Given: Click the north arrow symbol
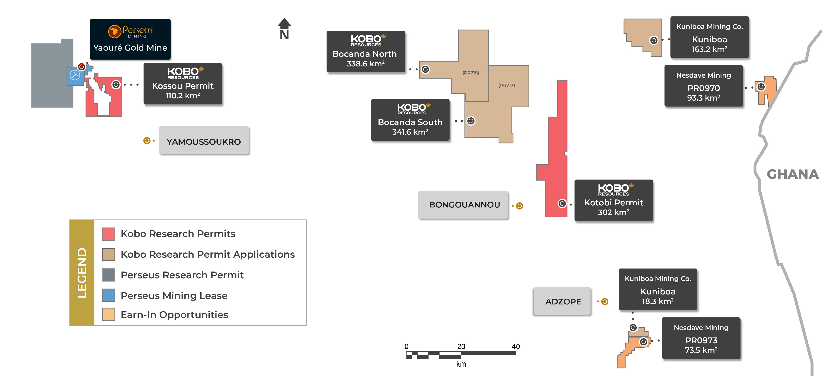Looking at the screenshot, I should [x=284, y=29].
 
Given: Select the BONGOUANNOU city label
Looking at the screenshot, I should [x=464, y=205].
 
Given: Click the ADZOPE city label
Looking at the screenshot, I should [x=563, y=301].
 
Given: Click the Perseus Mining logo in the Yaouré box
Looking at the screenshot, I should [x=130, y=31].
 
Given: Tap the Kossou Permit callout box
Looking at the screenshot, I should [x=183, y=84].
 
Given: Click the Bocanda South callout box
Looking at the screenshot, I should [x=410, y=120].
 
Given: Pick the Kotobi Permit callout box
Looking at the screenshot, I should [x=613, y=200].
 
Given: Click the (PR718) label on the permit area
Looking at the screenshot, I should [x=471, y=73].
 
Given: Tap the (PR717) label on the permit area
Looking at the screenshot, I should [x=506, y=85].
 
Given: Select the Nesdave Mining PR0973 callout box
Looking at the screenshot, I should [x=701, y=338].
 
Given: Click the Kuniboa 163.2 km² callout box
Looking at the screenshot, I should [x=709, y=37].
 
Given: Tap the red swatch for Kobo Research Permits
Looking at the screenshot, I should [x=108, y=234].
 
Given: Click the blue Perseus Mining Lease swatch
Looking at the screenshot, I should [x=108, y=295].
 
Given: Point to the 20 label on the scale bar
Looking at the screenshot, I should [x=461, y=346].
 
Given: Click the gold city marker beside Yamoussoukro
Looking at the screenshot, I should [x=147, y=140].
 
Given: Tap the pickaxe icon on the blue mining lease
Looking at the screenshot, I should [x=75, y=75].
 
